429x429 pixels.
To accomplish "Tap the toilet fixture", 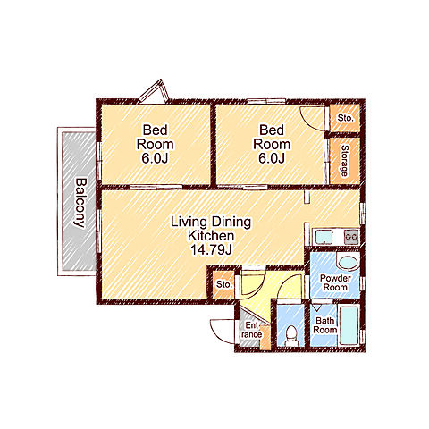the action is (x=291, y=336).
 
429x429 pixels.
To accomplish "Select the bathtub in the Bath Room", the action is (x=349, y=325).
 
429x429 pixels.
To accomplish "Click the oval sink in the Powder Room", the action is (x=348, y=263).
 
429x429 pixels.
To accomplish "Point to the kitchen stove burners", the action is (x=351, y=237).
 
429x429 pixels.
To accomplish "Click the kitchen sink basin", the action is (x=324, y=237).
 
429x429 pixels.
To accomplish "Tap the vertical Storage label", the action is (x=344, y=161).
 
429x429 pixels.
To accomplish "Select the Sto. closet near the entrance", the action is (x=224, y=284).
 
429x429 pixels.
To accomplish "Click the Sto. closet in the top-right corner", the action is (x=345, y=118).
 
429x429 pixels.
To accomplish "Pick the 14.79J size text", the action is (x=211, y=250).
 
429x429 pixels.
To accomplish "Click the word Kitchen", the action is (x=211, y=236).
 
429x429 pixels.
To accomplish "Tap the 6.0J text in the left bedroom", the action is (x=155, y=158).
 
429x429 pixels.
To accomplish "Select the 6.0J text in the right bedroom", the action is (x=272, y=158).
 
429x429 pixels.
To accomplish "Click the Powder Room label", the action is (x=335, y=282).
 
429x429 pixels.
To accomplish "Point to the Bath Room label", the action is (x=325, y=325).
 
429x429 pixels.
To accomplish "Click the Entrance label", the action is (x=252, y=330).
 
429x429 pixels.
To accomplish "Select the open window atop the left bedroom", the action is (x=154, y=90).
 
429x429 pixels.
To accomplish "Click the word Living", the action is (x=189, y=223).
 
